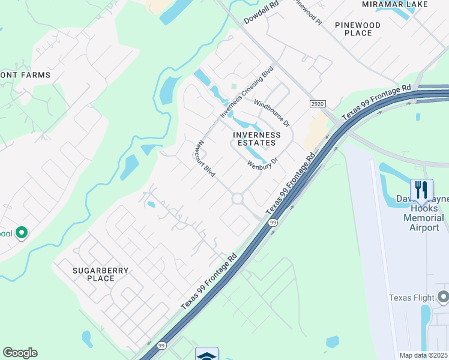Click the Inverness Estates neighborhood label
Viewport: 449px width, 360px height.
(x=257, y=139)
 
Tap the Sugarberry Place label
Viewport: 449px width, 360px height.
(x=101, y=274)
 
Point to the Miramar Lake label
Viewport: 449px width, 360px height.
(x=395, y=4)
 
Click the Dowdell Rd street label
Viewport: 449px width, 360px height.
(x=262, y=13)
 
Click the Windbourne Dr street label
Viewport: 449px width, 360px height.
(x=271, y=112)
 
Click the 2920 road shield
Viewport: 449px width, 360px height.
(x=318, y=104)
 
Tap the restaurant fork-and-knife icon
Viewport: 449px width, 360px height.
(x=421, y=190)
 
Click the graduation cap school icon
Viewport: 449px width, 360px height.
(x=206, y=354)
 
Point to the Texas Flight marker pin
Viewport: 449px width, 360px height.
(x=443, y=296)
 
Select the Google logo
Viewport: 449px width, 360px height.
(x=20, y=353)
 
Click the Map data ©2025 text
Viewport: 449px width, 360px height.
(x=424, y=355)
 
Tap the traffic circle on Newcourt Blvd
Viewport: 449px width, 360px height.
(x=238, y=199)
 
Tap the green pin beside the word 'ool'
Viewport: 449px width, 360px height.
(x=22, y=232)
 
